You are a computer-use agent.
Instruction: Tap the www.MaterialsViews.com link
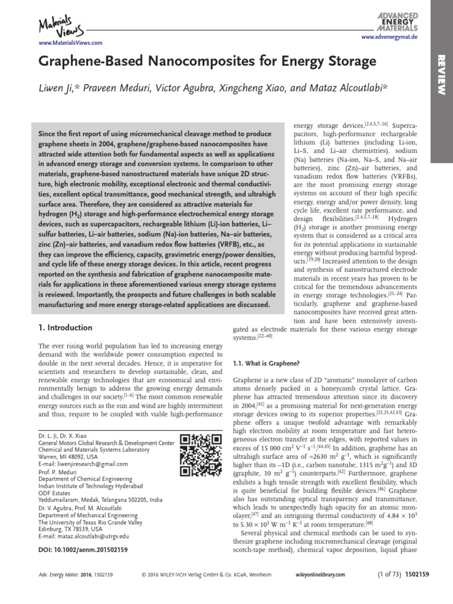click(x=70, y=43)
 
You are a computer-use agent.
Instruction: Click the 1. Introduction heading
click(x=65, y=327)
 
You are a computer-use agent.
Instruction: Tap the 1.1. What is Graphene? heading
click(x=267, y=362)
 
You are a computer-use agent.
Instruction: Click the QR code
click(x=196, y=452)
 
